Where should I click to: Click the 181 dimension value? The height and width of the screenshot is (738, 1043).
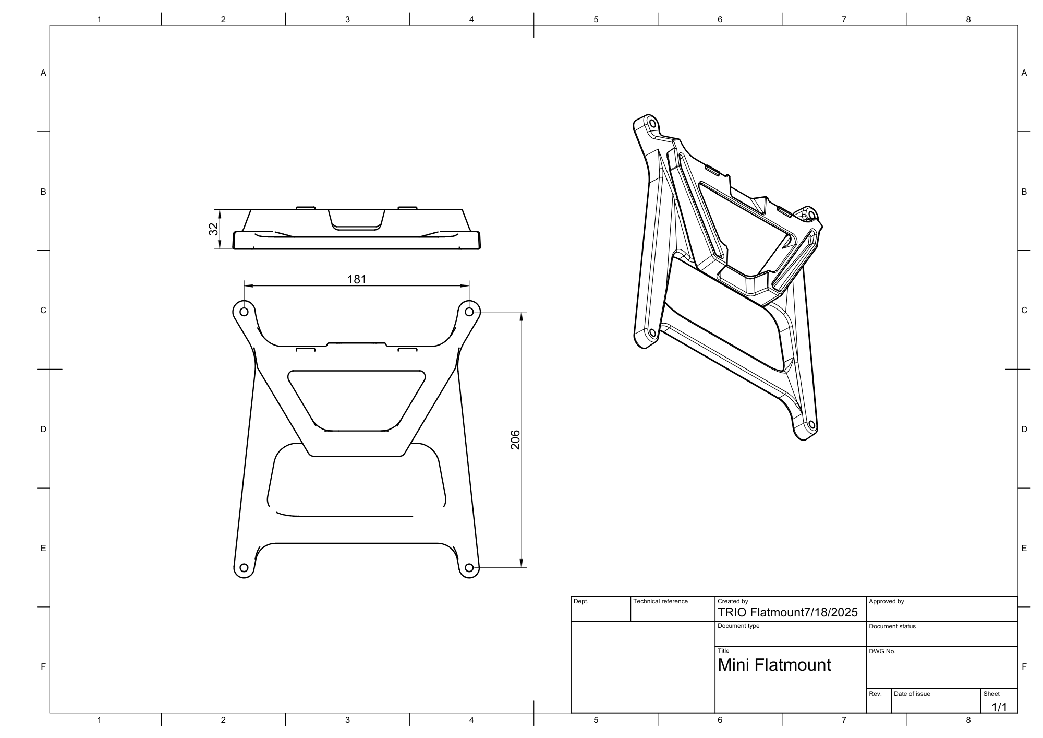point(357,279)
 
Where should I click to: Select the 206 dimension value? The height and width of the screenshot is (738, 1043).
point(515,439)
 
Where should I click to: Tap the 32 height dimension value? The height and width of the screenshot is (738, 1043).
point(213,229)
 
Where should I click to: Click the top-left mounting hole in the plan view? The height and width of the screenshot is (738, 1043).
point(244,312)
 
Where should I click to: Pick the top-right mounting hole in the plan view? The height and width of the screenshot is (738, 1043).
point(469,312)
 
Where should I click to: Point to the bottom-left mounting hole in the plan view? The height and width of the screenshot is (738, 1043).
point(243,568)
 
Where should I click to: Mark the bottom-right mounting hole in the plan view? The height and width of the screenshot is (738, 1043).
point(469,568)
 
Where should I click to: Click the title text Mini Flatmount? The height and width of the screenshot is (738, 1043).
point(774,665)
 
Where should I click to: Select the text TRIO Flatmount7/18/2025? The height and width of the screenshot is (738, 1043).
point(787,613)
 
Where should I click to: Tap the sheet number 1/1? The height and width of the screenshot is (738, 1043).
point(999,707)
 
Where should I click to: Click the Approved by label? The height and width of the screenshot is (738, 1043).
point(887,602)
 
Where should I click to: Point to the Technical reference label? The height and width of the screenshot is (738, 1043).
point(660,602)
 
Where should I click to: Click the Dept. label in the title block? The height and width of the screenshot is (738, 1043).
point(581,602)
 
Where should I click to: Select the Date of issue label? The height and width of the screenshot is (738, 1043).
point(912,694)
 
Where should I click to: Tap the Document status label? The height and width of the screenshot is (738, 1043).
point(892,626)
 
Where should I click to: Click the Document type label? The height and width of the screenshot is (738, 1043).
point(738,626)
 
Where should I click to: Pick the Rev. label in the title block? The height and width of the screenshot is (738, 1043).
point(875,694)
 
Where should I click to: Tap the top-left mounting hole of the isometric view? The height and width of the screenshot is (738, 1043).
point(651,123)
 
